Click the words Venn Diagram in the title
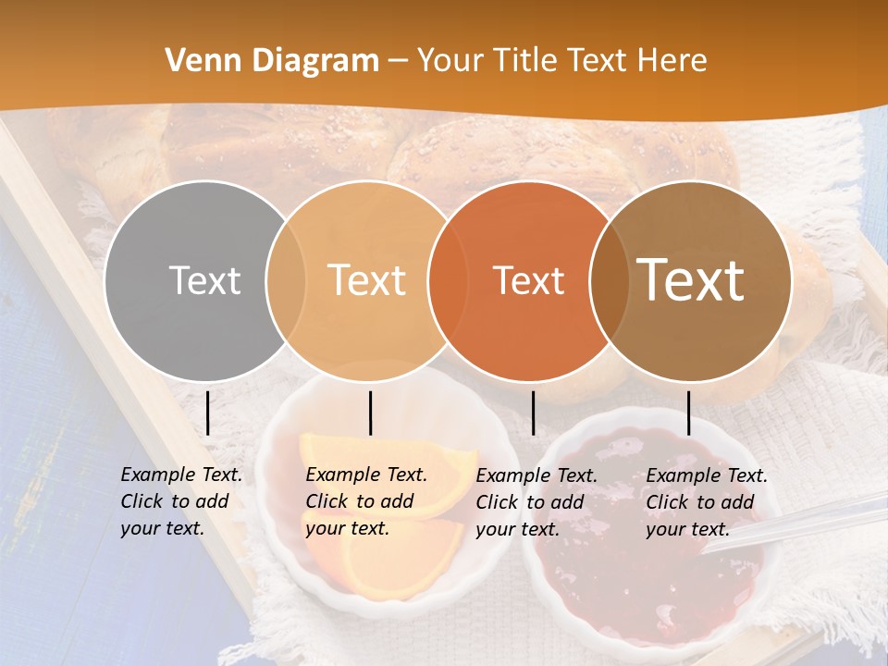(x=272, y=61)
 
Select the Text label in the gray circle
(x=204, y=280)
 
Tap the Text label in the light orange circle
(x=366, y=280)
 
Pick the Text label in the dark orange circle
(x=528, y=280)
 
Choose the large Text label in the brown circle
(x=691, y=280)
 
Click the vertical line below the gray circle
(x=208, y=413)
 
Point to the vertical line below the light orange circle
(x=370, y=413)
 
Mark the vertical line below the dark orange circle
(x=533, y=413)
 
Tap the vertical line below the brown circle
(x=688, y=413)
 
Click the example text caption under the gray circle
(x=180, y=501)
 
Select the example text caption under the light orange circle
(x=365, y=501)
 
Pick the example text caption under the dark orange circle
(x=536, y=502)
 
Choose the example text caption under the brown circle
(x=706, y=502)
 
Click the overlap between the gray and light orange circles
(x=286, y=280)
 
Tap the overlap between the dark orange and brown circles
(x=610, y=280)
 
